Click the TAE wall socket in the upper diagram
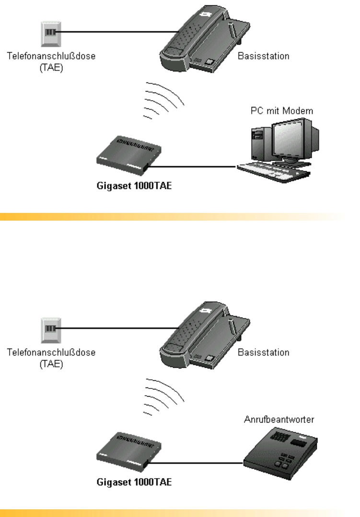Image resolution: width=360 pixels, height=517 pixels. (49, 33)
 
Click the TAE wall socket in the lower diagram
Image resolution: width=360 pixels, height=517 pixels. (49, 328)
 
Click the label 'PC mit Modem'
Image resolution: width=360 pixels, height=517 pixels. (275, 111)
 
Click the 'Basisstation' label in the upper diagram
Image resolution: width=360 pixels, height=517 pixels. (263, 57)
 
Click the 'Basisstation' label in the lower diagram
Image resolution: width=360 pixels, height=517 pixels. (263, 352)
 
